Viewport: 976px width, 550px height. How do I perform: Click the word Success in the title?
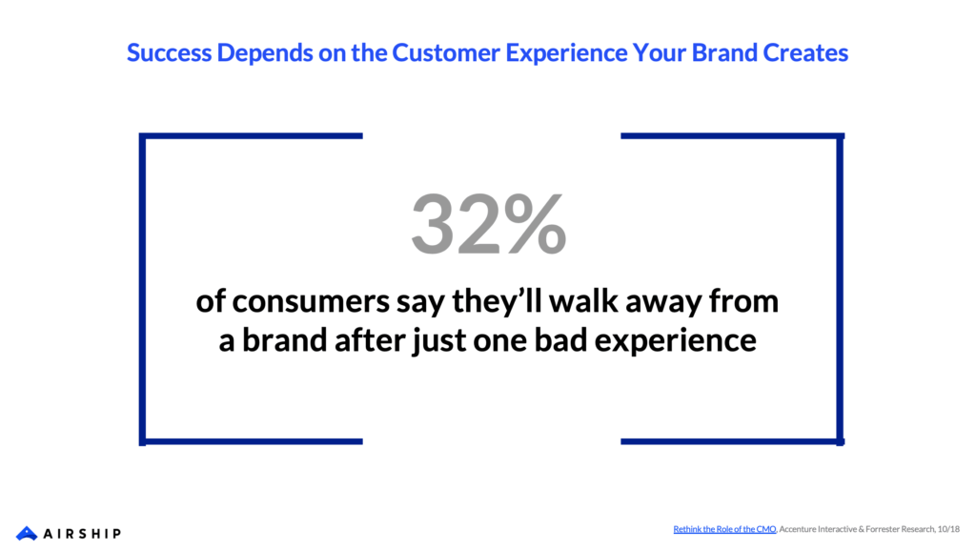tap(170, 52)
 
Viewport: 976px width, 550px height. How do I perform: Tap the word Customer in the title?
tap(446, 52)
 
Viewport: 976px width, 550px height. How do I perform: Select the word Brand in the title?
tap(724, 52)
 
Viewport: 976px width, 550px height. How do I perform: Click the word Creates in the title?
tap(805, 52)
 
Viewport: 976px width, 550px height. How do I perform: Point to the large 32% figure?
tap(489, 224)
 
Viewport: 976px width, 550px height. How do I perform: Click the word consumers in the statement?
tap(312, 302)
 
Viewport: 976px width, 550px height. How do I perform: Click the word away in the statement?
tap(663, 304)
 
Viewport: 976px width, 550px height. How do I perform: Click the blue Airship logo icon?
tap(27, 533)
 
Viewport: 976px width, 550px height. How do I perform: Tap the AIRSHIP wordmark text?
tap(82, 534)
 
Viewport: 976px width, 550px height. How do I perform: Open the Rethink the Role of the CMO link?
tap(724, 529)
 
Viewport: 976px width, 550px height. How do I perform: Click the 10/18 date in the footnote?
tap(948, 529)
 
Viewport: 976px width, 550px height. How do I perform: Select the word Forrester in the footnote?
tap(882, 529)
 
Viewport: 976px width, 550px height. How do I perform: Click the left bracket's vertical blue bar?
tap(143, 290)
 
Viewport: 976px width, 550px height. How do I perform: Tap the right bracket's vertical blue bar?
tap(841, 290)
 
